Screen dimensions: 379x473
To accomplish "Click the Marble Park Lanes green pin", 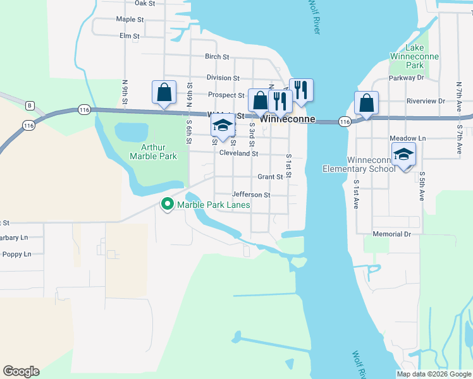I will point(168,205).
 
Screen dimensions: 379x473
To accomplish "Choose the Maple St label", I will point(130,20).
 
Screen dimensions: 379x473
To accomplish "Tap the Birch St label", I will point(217,57).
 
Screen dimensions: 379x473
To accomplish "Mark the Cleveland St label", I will point(238,153).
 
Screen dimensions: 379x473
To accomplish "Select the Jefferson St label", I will point(251,195).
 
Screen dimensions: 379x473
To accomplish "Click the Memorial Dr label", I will point(391,234).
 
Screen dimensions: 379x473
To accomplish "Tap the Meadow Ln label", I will point(408,138).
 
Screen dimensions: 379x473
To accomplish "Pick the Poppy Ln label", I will point(17,255).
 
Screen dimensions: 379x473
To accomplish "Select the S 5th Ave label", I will point(421,186).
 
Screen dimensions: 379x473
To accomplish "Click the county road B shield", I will point(29,105).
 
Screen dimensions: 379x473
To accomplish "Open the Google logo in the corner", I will point(21,371).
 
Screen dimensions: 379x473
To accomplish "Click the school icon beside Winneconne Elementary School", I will point(403,155).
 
